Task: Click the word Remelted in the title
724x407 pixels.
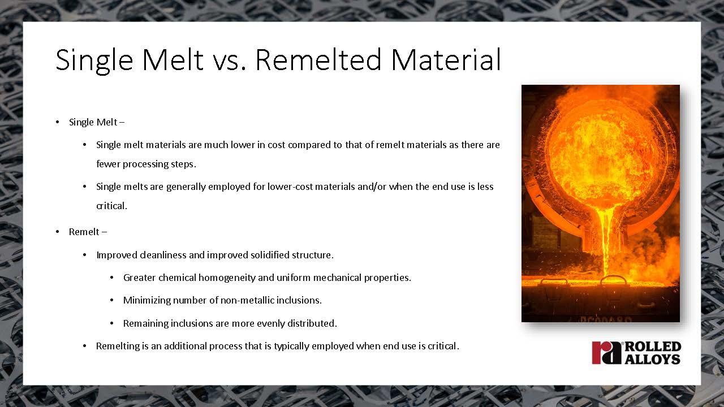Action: coord(318,59)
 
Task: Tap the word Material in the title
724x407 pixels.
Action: coord(446,59)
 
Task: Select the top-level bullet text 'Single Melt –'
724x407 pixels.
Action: coord(97,123)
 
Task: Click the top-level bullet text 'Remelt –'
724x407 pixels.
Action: coord(88,232)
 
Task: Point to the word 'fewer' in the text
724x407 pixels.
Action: coord(108,164)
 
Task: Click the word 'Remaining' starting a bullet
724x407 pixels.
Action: coord(146,324)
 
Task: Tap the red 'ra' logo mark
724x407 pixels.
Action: coord(607,352)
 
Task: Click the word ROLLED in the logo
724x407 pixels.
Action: coord(653,347)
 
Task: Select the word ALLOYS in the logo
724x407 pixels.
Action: coord(653,359)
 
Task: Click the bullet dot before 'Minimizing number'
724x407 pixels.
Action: coord(111,300)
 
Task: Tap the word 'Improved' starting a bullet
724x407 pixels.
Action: coord(117,256)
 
